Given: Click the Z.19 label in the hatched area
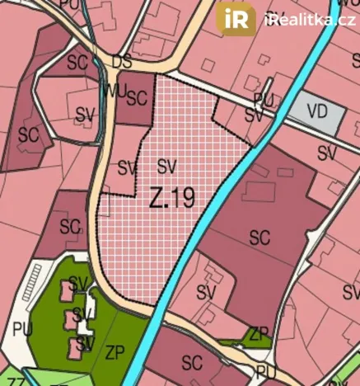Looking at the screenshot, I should pos(171,198).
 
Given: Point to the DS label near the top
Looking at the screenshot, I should pos(122,62).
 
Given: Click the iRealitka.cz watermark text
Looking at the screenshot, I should pos(310,19).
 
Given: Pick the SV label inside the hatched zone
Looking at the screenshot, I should pos(167,165).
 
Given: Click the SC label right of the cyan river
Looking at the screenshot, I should pos(259,238).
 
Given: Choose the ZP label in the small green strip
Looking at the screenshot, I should pos(259,333).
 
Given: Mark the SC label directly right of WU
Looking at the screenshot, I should pos(137,97).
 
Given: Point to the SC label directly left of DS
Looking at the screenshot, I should pos(77,62).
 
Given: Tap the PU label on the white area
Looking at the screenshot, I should pos(22,328).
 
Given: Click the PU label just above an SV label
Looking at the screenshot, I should pos(263,99).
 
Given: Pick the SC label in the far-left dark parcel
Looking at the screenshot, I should pos(29,134).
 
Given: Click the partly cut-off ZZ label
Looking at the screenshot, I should pos(14,381).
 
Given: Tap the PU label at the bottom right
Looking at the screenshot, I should pos(266,373).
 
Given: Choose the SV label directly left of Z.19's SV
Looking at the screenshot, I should pos(127,167).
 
